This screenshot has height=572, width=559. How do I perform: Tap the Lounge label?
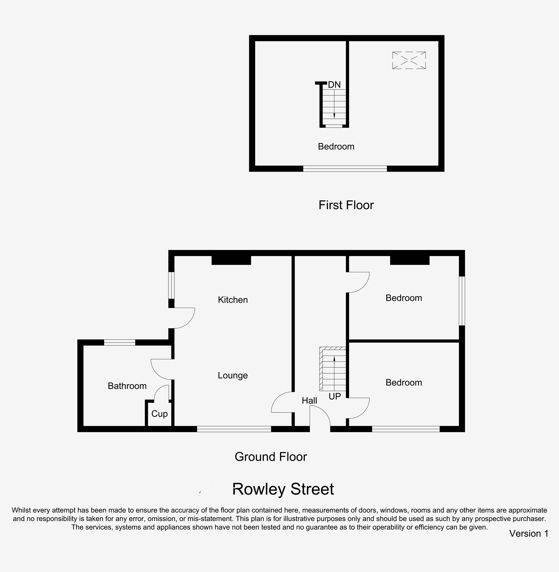[x=233, y=375]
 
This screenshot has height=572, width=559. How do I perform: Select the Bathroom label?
[x=127, y=386]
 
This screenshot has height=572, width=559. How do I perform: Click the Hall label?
[x=309, y=401]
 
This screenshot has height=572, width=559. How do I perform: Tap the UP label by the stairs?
[x=335, y=397]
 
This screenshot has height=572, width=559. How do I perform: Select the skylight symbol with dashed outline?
[x=409, y=60]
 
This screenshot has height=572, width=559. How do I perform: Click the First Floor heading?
[x=346, y=205]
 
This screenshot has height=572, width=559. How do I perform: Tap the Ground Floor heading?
[x=271, y=457]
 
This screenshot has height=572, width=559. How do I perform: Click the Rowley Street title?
[x=283, y=489]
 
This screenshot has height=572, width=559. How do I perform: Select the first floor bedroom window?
[x=345, y=169]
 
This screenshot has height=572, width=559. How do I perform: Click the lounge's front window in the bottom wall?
[x=234, y=429]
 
